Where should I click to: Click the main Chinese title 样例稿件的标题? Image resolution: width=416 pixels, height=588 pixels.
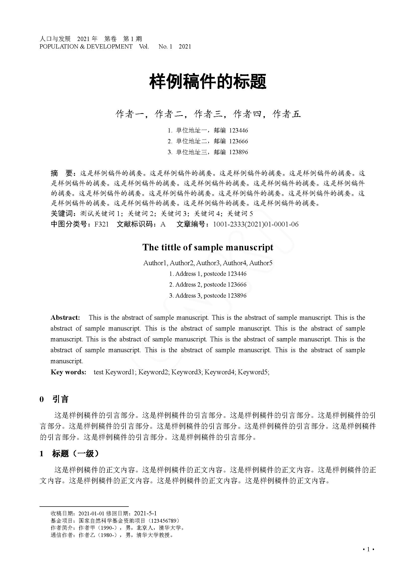point(208,82)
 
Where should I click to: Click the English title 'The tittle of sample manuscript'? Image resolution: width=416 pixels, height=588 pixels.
point(208,247)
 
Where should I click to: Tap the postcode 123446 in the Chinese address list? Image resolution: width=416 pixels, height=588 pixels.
point(238,131)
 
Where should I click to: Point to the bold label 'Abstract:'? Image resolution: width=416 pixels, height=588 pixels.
point(65,318)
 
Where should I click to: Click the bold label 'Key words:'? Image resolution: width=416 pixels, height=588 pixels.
point(68,372)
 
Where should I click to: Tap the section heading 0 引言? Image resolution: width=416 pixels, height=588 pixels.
point(54,399)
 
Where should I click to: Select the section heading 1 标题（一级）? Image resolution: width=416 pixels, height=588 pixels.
point(69,454)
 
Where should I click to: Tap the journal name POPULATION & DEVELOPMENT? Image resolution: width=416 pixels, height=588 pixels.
point(86,47)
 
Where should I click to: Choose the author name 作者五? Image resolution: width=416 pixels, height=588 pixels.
point(286,114)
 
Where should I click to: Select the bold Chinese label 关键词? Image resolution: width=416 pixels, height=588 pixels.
point(62,214)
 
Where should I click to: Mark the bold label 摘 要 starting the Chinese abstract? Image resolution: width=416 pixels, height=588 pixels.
point(62,173)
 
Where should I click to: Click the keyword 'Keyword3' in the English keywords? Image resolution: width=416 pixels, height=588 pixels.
point(186,372)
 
